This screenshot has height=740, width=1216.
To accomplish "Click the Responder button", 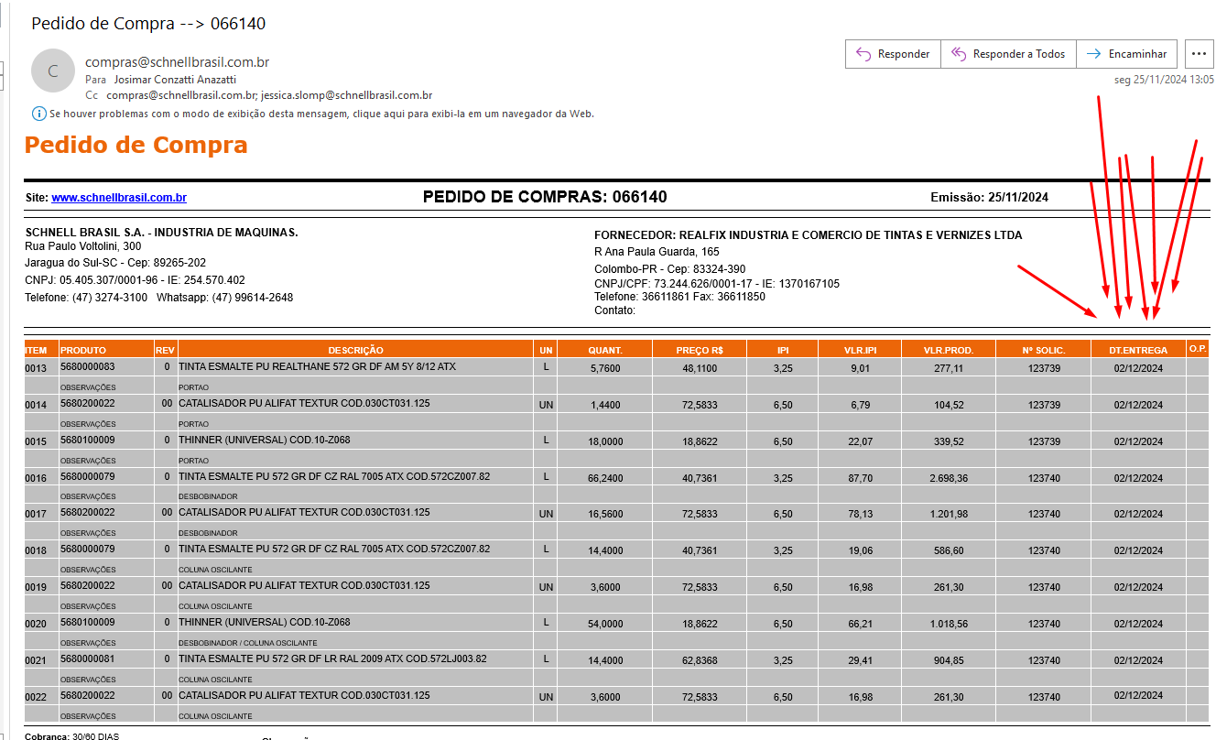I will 892,54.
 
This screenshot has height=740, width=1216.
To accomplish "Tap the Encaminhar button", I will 1126,54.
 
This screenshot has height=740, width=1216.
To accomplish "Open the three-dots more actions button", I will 1199,54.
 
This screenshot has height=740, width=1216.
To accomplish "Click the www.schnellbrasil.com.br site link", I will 119,198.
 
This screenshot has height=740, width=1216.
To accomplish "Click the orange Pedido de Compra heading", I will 136,145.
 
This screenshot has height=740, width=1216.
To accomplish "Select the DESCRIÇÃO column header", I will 355,350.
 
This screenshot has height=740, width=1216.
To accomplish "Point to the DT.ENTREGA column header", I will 1137,350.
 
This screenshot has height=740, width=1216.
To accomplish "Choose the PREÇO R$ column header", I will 700,350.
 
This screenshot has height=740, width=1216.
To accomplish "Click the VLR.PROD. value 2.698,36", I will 948,478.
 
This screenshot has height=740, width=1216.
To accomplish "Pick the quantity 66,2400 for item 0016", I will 605,478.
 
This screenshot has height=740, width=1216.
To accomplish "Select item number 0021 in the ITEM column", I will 36,660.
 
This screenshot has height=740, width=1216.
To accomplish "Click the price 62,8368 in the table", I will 700,660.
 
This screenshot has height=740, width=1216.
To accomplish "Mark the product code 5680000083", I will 88,367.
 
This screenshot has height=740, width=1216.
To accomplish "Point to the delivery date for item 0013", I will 1138,368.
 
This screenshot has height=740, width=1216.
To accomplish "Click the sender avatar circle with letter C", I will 52,71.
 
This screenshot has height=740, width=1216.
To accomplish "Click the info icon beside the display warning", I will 39,114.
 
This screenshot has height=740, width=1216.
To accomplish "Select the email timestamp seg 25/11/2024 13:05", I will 1164,80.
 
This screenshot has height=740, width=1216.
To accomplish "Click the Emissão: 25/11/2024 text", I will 989,198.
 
